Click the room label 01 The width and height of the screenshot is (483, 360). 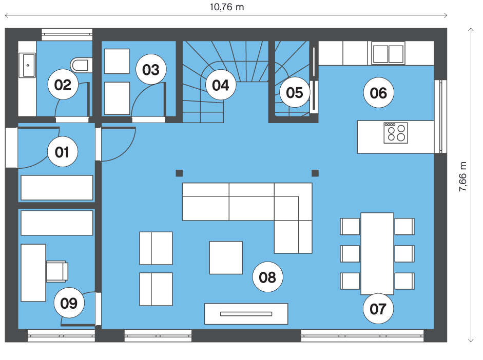click(63, 152)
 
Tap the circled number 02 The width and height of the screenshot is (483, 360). click(63, 84)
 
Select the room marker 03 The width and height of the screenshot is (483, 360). click(151, 69)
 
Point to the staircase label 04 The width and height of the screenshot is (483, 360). click(221, 85)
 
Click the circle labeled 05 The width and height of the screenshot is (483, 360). click(295, 92)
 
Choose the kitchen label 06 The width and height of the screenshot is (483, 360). click(379, 93)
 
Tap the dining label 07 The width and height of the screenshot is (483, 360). click(378, 309)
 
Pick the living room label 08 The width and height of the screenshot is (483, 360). click(267, 277)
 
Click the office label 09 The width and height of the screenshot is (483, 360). click(69, 303)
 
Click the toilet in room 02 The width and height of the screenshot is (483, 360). click(81, 65)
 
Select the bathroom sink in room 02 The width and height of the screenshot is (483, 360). click(27, 65)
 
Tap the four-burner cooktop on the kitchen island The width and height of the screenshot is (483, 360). click(396, 133)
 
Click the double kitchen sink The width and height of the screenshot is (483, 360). click(388, 53)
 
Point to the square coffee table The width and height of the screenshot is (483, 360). click(226, 257)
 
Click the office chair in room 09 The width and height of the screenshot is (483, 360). click(57, 271)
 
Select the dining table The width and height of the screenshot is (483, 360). click(377, 253)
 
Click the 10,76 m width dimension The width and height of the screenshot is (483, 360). click(227, 7)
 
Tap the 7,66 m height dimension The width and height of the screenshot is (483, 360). click(462, 176)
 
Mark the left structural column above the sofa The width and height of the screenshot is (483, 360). click(179, 173)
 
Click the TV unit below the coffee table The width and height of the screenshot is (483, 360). click(246, 314)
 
